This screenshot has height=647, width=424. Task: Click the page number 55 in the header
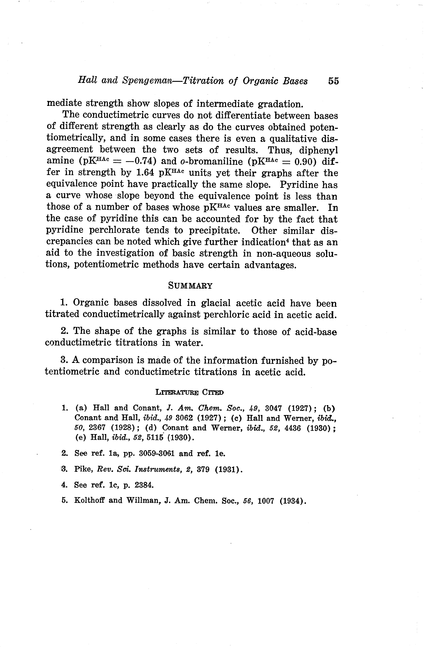[334, 81]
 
